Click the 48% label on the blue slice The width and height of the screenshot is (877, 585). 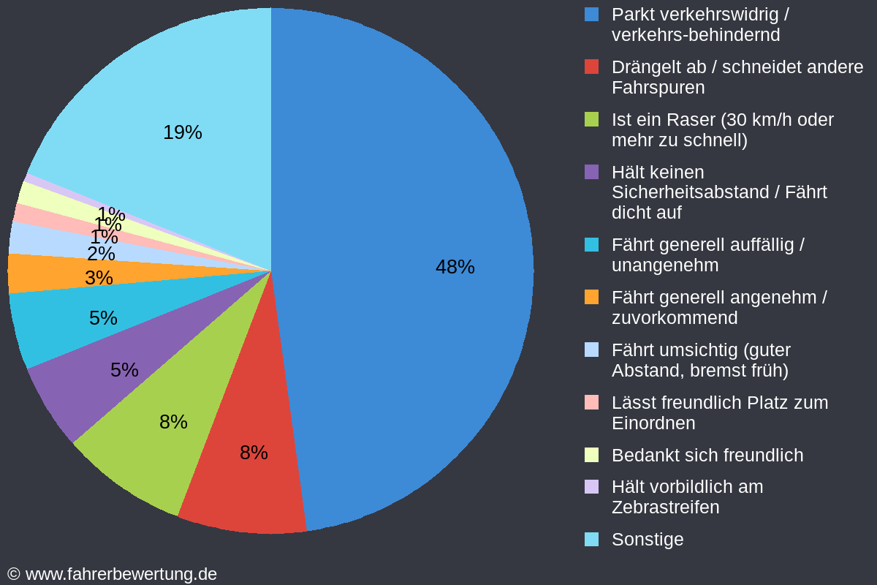pyautogui.click(x=455, y=267)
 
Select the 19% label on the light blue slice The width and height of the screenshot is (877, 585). pyautogui.click(x=182, y=132)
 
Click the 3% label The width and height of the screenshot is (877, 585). pyautogui.click(x=99, y=278)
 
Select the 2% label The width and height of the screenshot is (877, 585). pyautogui.click(x=101, y=254)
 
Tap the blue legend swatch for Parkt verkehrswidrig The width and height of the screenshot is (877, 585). pyautogui.click(x=592, y=15)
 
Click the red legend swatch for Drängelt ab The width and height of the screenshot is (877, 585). pyautogui.click(x=592, y=67)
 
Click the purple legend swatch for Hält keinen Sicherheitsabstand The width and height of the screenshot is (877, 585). pyautogui.click(x=592, y=173)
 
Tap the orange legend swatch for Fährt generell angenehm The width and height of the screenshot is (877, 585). pyautogui.click(x=592, y=298)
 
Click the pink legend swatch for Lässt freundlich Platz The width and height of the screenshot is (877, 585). pyautogui.click(x=592, y=403)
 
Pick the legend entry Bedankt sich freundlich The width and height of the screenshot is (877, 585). pyautogui.click(x=707, y=455)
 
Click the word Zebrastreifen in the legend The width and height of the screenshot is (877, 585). pyautogui.click(x=665, y=507)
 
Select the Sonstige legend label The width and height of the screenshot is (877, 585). pyautogui.click(x=648, y=539)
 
